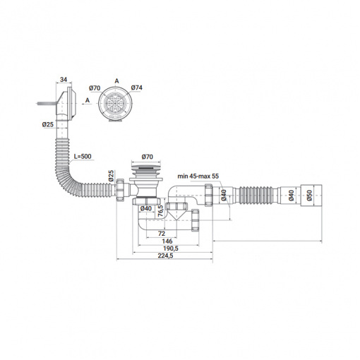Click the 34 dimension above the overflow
(x=64, y=80)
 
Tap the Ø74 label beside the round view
(x=137, y=88)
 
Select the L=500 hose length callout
(x=83, y=156)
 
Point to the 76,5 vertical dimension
(x=160, y=210)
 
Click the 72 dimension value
(x=162, y=234)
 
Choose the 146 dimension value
(x=167, y=241)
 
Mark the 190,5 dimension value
(x=171, y=248)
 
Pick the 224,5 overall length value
(x=165, y=256)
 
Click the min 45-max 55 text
(x=198, y=176)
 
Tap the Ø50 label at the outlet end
(x=309, y=196)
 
